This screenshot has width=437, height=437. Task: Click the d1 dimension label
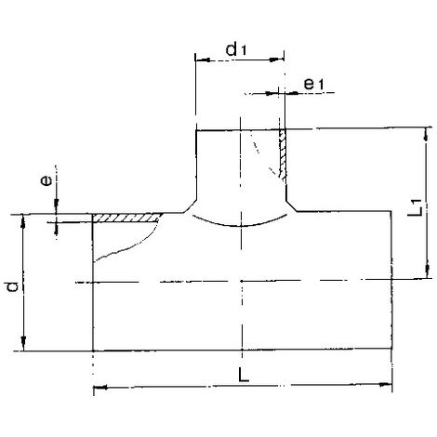pos(236,50)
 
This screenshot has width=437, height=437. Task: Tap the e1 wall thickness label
pos(313,84)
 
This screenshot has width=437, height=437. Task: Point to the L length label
pos(244,375)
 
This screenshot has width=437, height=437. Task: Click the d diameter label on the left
pos(13,286)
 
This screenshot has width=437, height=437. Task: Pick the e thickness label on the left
pos(46,180)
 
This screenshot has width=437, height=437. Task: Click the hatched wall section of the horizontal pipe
pos(127,218)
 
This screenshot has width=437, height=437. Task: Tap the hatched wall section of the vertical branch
pos(283,153)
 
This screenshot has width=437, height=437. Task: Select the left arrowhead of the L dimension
pos(99,388)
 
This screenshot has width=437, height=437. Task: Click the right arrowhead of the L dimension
pos(386,385)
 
